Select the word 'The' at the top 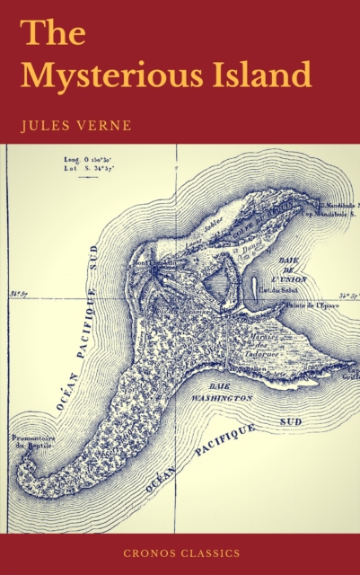(54, 31)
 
